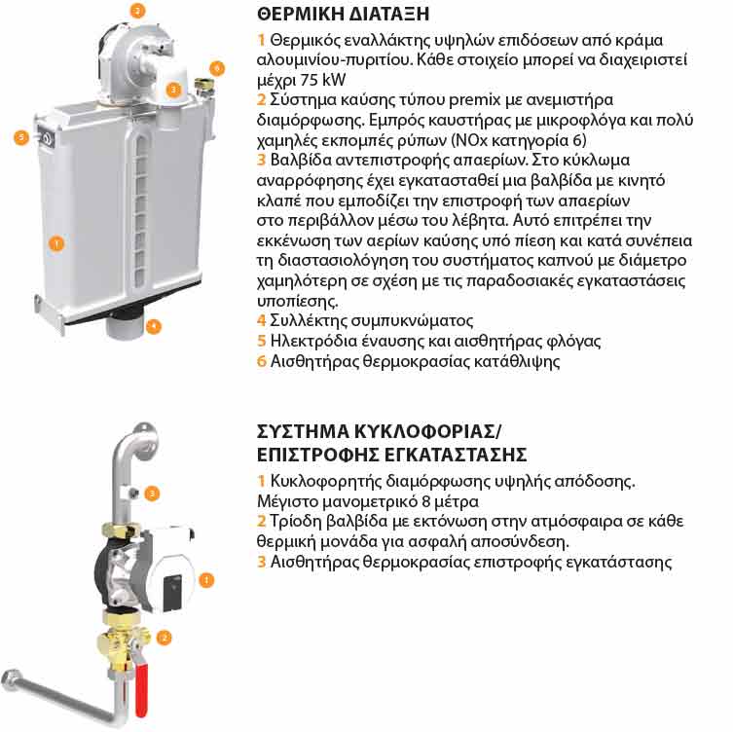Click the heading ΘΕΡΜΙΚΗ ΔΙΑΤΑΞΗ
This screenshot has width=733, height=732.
[x=343, y=14]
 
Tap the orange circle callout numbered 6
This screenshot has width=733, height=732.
[x=216, y=69]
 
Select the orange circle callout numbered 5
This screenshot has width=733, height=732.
[x=21, y=137]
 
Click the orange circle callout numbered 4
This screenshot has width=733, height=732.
[x=154, y=326]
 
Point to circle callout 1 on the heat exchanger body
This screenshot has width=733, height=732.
[x=56, y=243]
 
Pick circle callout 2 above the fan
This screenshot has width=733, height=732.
[x=137, y=11]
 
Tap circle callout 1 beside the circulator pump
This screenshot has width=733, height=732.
[x=206, y=580]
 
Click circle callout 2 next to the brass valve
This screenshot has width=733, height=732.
[x=164, y=638]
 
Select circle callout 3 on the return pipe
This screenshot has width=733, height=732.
[x=152, y=494]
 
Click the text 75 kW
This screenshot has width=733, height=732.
[x=323, y=80]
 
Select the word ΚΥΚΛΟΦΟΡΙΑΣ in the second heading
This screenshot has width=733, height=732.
[x=425, y=431]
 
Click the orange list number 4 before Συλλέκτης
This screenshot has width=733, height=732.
[x=261, y=320]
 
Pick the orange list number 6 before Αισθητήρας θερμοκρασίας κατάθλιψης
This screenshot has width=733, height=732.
[x=261, y=361]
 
